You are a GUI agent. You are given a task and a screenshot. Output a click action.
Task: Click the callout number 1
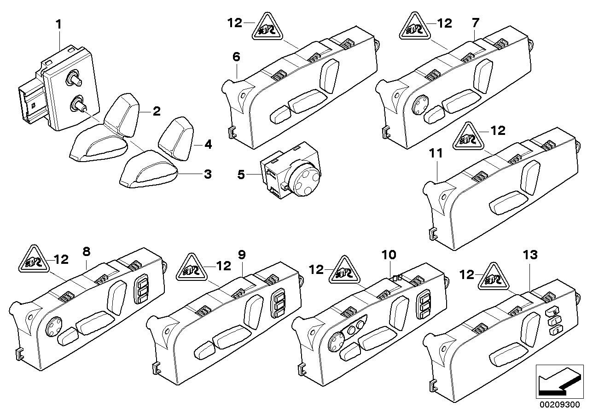[58, 24]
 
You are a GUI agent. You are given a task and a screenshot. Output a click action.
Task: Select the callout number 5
[241, 175]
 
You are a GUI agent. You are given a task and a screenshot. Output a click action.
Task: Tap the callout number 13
[530, 255]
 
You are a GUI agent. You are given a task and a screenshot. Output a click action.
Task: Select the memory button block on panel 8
[142, 289]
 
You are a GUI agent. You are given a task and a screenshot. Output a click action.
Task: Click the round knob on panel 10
[335, 343]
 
